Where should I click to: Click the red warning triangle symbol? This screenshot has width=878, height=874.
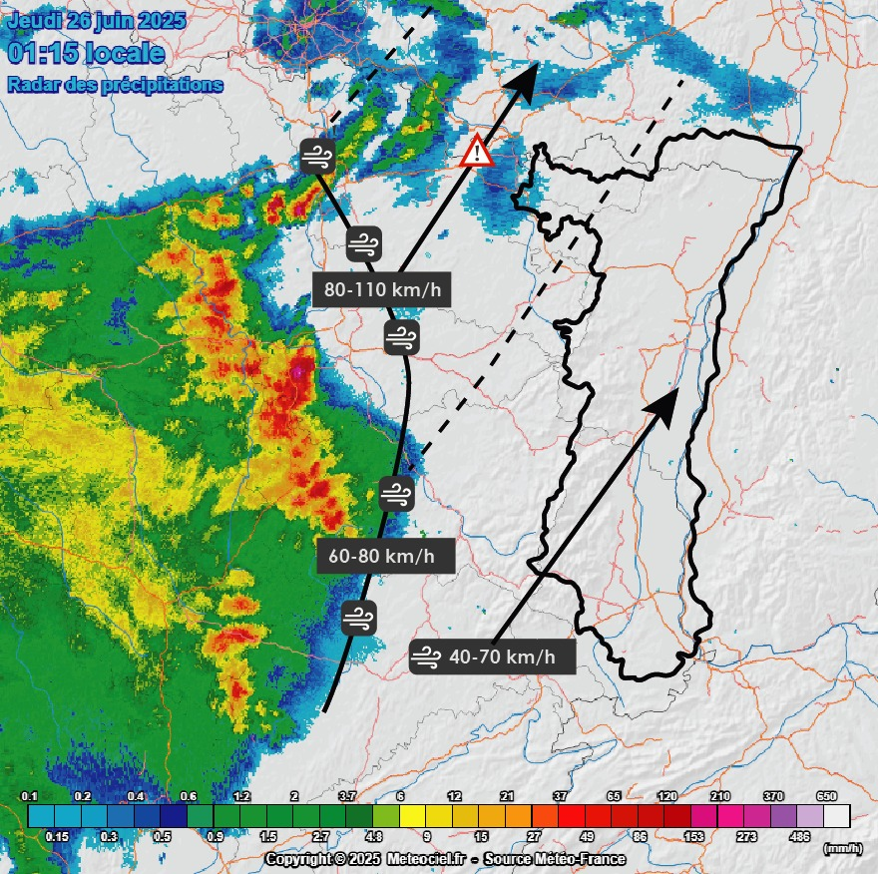[478, 152]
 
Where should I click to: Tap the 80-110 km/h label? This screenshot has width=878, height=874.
[382, 290]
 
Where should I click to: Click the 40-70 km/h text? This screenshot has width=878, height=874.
[510, 656]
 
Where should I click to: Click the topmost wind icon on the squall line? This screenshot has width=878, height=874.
[318, 157]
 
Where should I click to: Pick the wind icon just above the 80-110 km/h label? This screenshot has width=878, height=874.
[363, 242]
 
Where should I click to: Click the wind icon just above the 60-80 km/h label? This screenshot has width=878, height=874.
[396, 494]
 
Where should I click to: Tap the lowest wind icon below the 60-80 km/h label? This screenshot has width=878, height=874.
[358, 618]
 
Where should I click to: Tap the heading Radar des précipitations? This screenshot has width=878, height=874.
[115, 85]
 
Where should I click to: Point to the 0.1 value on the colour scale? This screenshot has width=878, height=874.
[30, 796]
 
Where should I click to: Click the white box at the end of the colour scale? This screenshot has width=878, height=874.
[836, 816]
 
